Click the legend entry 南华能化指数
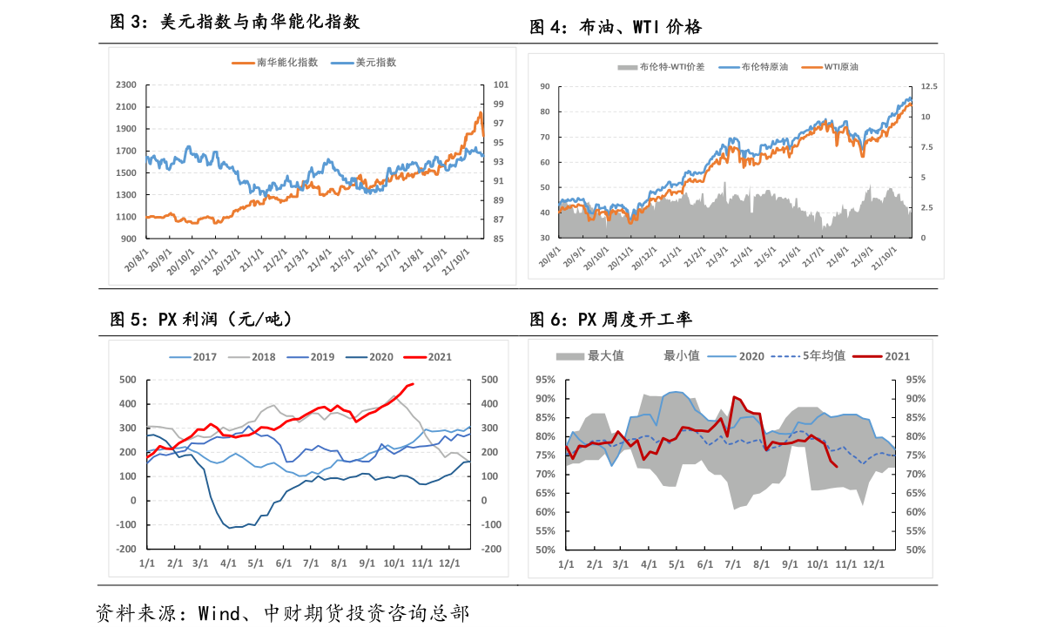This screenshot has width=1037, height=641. pyautogui.click(x=286, y=63)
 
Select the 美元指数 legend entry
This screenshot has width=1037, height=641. pyautogui.click(x=375, y=63)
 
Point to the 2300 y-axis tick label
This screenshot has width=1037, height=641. pyautogui.click(x=126, y=85)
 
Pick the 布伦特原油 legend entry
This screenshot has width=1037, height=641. pyautogui.click(x=764, y=67)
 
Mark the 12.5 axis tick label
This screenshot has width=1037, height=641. pyautogui.click(x=929, y=87)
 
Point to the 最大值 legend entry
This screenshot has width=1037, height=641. pyautogui.click(x=606, y=355)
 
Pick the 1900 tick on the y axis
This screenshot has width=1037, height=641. pyautogui.click(x=126, y=129)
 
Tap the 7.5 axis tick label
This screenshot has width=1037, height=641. pyautogui.click(x=926, y=147)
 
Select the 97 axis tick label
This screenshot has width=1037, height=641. pyautogui.click(x=500, y=124)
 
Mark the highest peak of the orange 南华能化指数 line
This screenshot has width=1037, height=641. pyautogui.click(x=480, y=112)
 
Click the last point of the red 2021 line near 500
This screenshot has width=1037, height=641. pyautogui.click(x=413, y=384)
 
